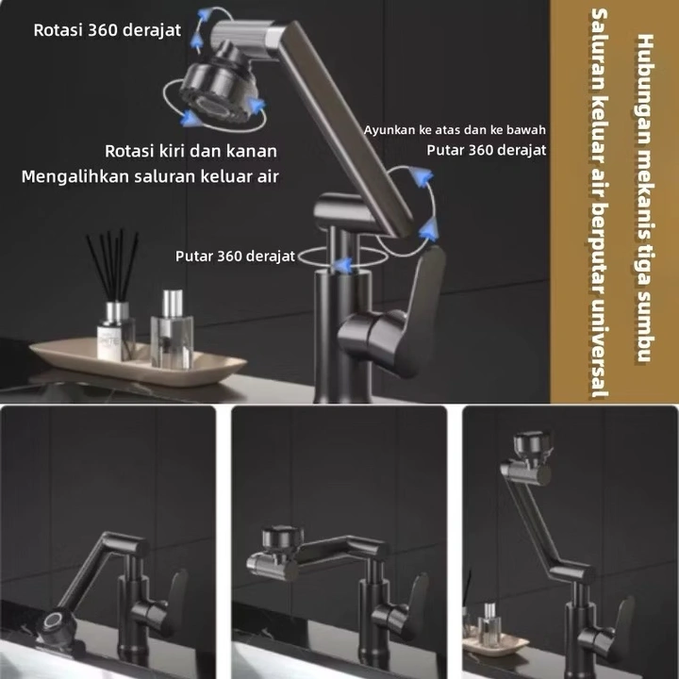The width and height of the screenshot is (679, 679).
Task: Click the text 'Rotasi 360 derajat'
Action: point(107,30)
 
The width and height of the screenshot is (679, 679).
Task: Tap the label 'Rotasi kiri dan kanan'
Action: point(190,151)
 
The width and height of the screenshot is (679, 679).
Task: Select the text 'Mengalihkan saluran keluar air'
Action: point(150,176)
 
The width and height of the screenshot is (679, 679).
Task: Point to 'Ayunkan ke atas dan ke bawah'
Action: point(455,130)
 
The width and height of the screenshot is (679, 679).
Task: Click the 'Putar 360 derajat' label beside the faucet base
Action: point(235,256)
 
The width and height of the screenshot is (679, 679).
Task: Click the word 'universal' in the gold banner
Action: point(600,347)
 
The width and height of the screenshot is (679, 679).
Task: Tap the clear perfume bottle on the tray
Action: point(172,329)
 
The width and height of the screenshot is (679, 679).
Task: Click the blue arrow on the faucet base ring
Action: point(344,265)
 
